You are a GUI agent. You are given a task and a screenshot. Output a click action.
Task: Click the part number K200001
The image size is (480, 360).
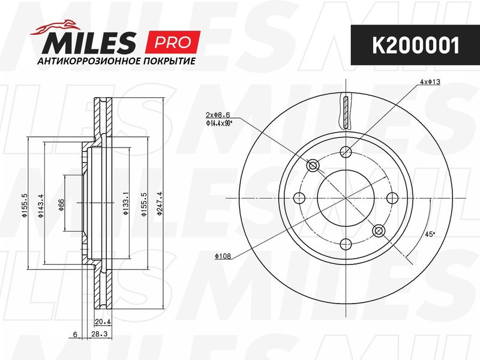[416, 46]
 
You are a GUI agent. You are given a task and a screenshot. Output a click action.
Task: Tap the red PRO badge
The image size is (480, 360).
[173, 42]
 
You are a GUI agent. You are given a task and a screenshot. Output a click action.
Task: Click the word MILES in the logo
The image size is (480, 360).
[89, 43]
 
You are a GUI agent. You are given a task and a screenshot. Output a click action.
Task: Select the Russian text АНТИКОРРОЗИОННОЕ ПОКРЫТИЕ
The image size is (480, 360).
[116, 61]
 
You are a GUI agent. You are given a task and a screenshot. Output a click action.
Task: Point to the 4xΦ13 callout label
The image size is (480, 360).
[430, 82]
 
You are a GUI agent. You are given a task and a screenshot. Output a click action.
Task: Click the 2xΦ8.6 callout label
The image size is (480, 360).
[218, 115]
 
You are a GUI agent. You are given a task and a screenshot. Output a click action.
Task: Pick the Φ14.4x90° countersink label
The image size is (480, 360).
[219, 123]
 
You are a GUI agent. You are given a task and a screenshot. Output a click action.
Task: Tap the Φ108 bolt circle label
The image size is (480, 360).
[223, 256]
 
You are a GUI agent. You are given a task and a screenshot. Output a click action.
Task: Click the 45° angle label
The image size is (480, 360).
[430, 235]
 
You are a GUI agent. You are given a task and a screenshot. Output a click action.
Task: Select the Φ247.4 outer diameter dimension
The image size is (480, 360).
[159, 204]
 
